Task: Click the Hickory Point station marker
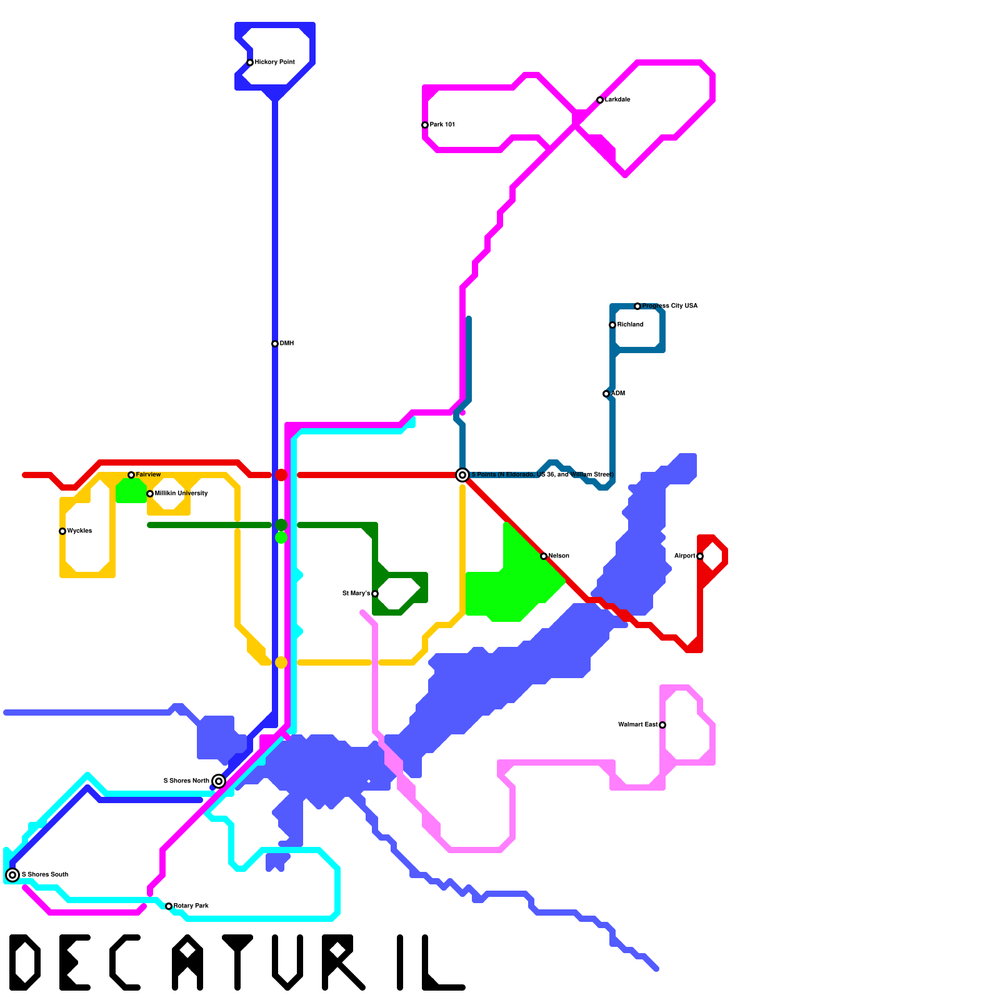point(250,62)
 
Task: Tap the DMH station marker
point(275,344)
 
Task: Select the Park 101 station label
point(442,125)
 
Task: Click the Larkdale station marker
point(600,100)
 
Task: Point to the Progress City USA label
point(669,306)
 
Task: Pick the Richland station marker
point(612,325)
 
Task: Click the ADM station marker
point(606,394)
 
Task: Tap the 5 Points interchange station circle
point(462,475)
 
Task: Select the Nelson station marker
point(544,556)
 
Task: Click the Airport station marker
point(700,556)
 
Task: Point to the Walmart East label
point(637,725)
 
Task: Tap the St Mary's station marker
point(375,594)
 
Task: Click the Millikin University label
point(181,494)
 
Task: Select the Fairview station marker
point(131,475)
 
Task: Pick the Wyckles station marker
point(62,531)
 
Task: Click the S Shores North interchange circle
point(219,781)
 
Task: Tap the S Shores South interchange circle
point(12,875)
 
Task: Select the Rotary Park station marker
point(169,906)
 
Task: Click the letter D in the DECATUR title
point(25,962)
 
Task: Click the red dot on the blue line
point(281,475)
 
